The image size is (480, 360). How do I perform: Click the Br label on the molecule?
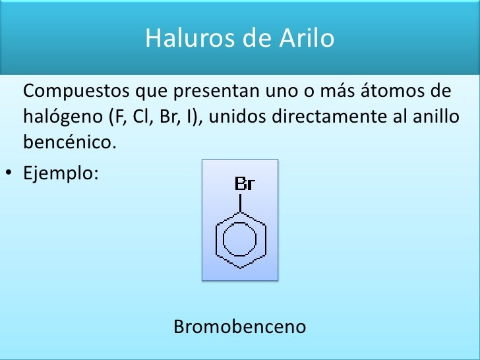(244, 184)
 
